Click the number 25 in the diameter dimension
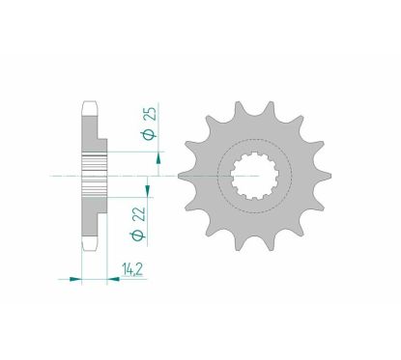pyautogui.click(x=151, y=113)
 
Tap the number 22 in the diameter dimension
pyautogui.click(x=140, y=214)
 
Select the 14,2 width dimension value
pyautogui.click(x=132, y=269)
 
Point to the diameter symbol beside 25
pyautogui.click(x=151, y=134)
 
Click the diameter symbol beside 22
pyautogui.click(x=139, y=235)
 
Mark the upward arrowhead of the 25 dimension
pyautogui.click(x=158, y=159)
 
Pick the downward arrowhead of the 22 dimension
pyautogui.click(x=148, y=190)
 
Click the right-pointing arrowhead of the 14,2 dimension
pyautogui.click(x=75, y=279)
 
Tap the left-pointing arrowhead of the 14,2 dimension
pyautogui.click(x=113, y=279)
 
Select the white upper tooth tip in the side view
pyautogui.click(x=90, y=109)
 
